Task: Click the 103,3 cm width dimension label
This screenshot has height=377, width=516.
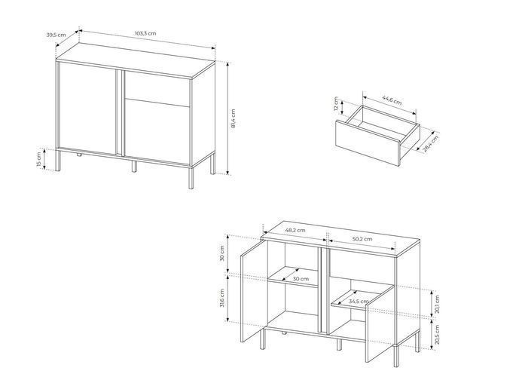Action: (x=145, y=33)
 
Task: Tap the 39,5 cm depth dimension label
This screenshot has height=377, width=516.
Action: (x=56, y=35)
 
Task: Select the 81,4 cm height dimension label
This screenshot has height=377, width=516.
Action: (x=234, y=118)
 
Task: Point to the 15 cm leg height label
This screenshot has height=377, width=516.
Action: (x=39, y=159)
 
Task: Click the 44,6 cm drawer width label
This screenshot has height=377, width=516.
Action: (x=392, y=100)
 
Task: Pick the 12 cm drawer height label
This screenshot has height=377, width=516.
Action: (x=336, y=104)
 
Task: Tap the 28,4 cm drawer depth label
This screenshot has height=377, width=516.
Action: (x=431, y=143)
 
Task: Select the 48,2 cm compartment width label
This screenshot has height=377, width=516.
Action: (x=295, y=230)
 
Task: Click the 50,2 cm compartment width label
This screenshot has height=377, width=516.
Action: (x=362, y=239)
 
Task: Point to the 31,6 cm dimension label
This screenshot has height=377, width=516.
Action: (x=222, y=298)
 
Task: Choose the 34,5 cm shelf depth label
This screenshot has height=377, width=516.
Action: (x=359, y=302)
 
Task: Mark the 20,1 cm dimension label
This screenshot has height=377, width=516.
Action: (x=437, y=304)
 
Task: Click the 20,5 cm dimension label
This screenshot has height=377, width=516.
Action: (x=437, y=335)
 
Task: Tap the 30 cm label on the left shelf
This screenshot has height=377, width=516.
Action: (x=301, y=279)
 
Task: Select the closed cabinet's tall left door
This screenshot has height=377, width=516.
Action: (x=87, y=107)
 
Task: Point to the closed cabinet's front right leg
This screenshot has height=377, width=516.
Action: (x=191, y=177)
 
